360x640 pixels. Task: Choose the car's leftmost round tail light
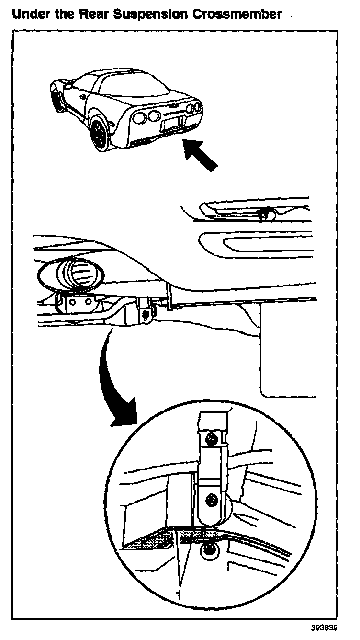tap(139, 118)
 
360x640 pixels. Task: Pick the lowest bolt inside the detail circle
tap(209, 551)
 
